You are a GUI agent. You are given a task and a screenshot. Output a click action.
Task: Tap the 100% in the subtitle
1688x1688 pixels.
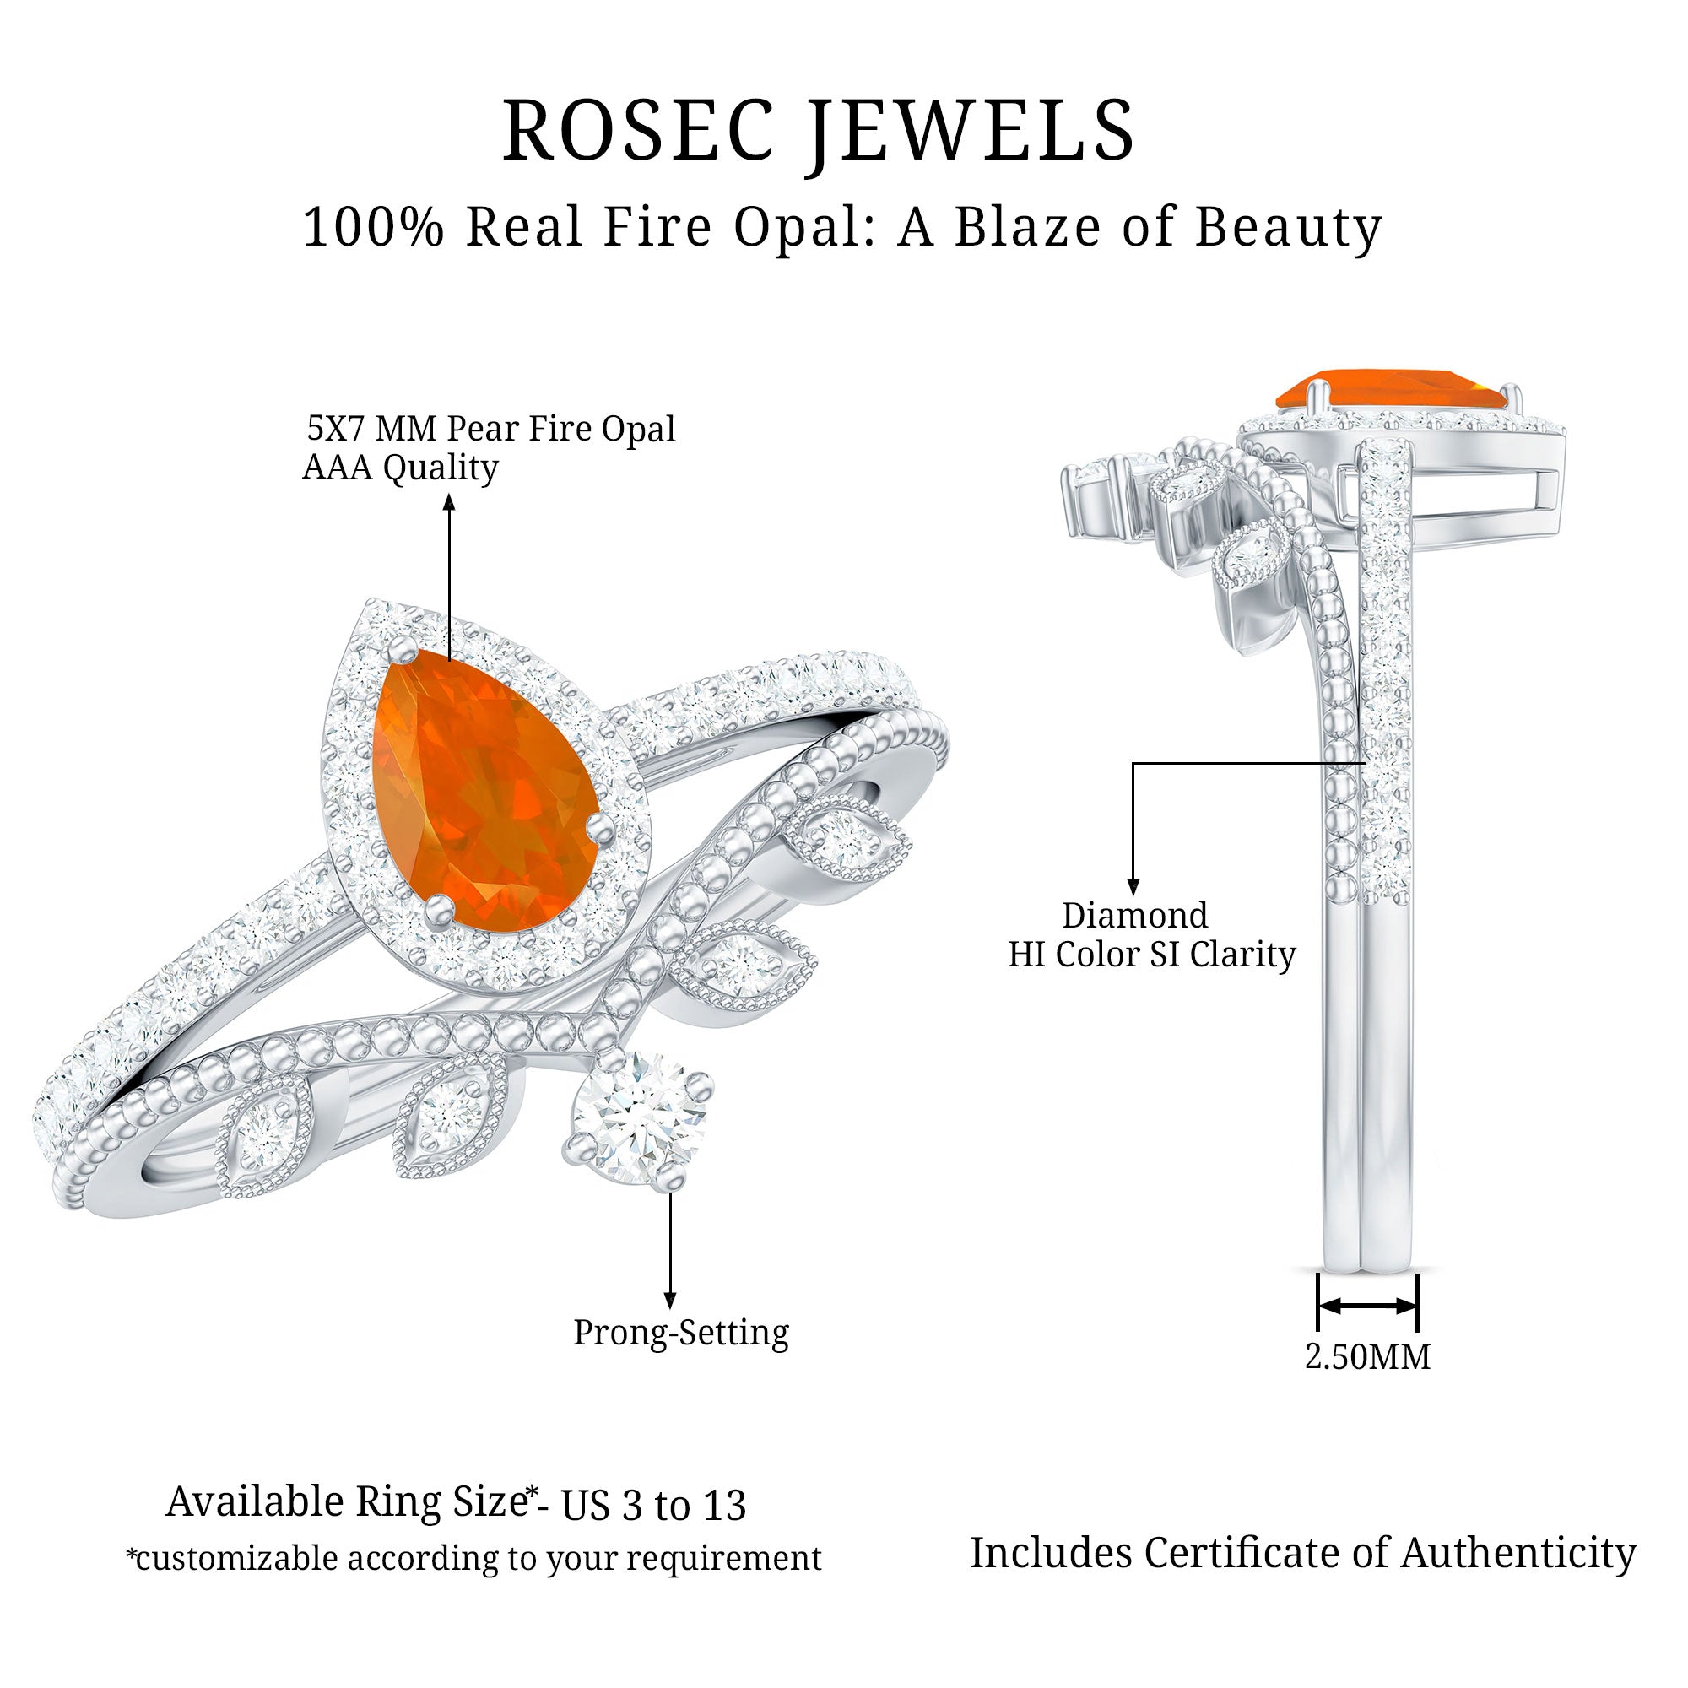point(373,227)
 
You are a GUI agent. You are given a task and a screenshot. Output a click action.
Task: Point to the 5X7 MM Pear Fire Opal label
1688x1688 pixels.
point(491,428)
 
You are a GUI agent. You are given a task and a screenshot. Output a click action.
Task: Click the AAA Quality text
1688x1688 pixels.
point(400,468)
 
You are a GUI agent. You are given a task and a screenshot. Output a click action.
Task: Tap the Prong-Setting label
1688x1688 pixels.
point(680,1333)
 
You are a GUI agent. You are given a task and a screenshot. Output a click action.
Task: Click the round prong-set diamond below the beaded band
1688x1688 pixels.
point(637,1119)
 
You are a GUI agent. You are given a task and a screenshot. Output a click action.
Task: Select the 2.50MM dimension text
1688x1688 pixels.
point(1367,1357)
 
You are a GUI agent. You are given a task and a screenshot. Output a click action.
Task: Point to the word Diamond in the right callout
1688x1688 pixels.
point(1135,916)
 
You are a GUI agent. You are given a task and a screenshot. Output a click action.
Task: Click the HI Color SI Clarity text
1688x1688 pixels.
point(1151,954)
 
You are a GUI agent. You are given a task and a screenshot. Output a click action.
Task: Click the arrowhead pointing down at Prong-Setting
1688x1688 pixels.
point(670,1301)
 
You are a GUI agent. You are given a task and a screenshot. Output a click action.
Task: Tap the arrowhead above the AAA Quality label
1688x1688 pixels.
point(449,501)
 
